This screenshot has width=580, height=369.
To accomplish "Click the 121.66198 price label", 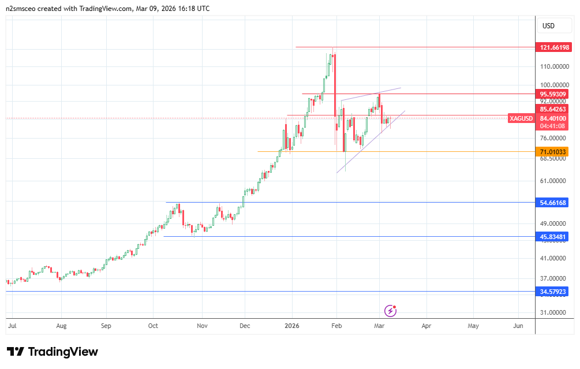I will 554,47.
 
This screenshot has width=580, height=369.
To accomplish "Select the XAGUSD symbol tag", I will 521,118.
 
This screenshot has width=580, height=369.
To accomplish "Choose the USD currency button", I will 548,26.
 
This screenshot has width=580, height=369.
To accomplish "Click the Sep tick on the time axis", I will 106,326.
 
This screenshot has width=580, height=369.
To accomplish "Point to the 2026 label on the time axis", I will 292,326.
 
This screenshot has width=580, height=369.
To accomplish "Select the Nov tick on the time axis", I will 201,326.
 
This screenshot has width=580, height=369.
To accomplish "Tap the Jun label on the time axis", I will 518,326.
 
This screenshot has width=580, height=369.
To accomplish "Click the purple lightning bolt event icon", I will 391,311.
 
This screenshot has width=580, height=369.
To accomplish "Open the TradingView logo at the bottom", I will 53,352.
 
